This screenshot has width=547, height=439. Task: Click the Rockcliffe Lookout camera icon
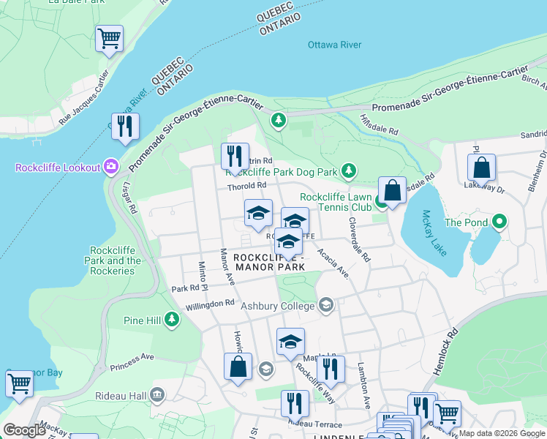tap(111, 168)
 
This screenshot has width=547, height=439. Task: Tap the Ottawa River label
tap(334, 45)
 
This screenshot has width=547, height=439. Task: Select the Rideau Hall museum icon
tap(156, 396)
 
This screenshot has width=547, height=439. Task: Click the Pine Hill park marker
tap(172, 319)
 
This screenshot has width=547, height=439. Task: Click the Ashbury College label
tap(279, 306)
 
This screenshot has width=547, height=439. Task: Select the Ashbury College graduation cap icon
tap(325, 305)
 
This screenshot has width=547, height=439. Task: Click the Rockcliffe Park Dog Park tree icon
tap(349, 171)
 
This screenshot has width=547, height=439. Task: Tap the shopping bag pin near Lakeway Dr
tap(481, 168)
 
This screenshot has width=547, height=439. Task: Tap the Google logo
tap(26, 430)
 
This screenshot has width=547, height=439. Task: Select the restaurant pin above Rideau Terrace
tap(295, 402)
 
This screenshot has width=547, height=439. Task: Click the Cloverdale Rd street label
tap(359, 240)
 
